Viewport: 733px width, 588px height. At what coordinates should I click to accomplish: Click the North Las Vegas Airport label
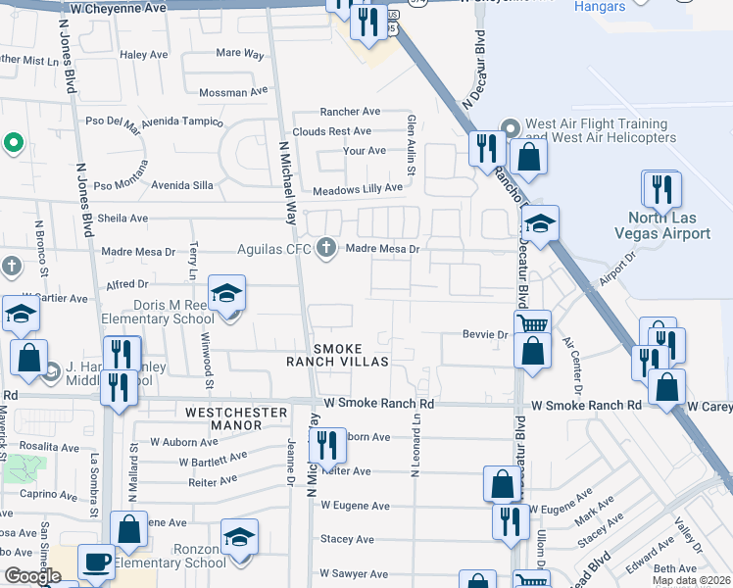pos(669,225)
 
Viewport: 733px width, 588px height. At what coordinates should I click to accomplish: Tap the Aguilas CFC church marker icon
pos(326,249)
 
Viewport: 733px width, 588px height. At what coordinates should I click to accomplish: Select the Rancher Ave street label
pos(350,112)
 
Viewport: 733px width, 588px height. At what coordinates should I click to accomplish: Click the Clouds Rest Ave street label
pos(331,131)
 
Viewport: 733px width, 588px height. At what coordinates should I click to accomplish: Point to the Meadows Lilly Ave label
pos(358,188)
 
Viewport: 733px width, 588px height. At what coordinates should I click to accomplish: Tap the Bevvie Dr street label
pos(484,335)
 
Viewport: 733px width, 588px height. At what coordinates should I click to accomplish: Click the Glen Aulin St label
pos(412,139)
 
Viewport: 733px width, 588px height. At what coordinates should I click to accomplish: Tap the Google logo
pos(32,576)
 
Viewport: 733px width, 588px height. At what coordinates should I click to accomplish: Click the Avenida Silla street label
pos(180,185)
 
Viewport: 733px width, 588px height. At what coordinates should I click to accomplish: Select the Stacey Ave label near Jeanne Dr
pos(347,539)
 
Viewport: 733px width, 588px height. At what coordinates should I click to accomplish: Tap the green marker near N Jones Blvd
pos(13,144)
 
